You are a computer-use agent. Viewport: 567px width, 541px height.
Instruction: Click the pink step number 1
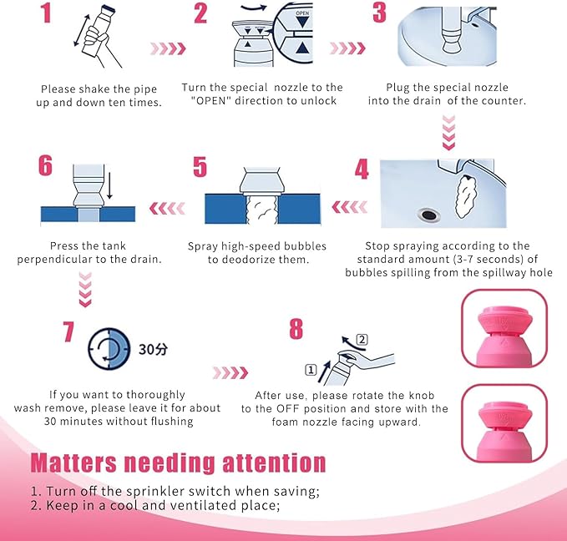coord(46,13)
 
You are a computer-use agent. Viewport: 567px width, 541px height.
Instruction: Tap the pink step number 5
coord(200,167)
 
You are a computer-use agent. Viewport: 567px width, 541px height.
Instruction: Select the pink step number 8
coord(296,329)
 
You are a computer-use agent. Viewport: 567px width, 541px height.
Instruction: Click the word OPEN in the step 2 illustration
coord(302,13)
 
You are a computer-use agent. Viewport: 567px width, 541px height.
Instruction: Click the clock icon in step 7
coord(109,349)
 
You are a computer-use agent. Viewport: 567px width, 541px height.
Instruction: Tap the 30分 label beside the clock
coord(153,349)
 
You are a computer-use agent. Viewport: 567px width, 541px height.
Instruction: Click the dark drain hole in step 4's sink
coord(429,215)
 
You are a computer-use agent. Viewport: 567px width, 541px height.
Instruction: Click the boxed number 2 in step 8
coord(362,340)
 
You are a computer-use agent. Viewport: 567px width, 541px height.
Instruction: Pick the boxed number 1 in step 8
coord(311,370)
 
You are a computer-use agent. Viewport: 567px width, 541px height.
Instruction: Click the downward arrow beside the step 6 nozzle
coord(109,186)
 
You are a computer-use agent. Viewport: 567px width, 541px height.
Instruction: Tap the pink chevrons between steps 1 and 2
coord(168,48)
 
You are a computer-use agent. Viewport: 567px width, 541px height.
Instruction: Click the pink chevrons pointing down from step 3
coord(448,133)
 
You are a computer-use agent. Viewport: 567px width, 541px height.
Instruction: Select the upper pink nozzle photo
coord(504,328)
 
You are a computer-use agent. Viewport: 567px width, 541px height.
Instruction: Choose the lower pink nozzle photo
coord(504,423)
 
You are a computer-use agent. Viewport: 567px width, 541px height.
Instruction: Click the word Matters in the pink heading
coord(73,463)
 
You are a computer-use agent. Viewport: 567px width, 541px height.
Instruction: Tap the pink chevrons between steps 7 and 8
coord(230,372)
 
